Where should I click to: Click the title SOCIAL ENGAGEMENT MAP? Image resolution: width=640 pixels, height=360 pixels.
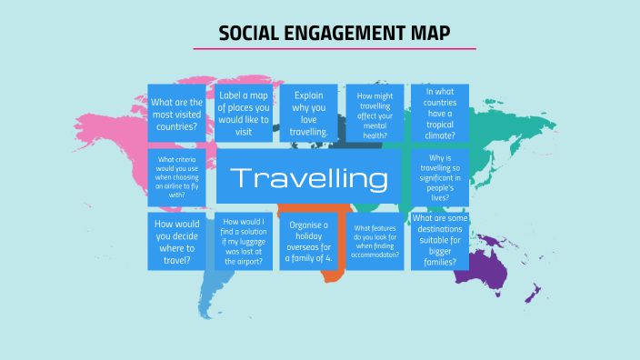tap(335, 34)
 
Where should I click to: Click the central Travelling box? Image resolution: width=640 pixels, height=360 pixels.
tap(309, 177)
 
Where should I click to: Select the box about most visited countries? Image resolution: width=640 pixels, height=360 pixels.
tap(176, 113)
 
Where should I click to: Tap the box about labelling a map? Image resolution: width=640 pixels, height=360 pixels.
tap(244, 113)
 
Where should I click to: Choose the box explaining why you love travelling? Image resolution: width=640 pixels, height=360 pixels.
tap(309, 113)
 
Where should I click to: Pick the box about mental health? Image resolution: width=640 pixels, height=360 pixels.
tap(375, 113)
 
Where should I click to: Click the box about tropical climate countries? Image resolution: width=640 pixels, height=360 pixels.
tap(440, 113)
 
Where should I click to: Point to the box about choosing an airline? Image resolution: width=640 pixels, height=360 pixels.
tap(176, 177)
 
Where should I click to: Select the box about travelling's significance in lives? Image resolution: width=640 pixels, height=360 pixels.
tap(440, 177)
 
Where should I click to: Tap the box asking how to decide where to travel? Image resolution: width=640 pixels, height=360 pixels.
tap(176, 242)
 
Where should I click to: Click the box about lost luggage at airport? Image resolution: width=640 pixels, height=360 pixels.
tap(244, 242)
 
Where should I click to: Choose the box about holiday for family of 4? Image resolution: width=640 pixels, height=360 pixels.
tap(309, 242)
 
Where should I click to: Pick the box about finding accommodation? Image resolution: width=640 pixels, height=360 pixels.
tap(375, 242)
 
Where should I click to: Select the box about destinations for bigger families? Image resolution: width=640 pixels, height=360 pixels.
tap(440, 242)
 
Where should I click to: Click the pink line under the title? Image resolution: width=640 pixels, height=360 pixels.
tap(335, 49)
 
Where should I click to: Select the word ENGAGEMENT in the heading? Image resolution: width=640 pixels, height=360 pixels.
tap(344, 34)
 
